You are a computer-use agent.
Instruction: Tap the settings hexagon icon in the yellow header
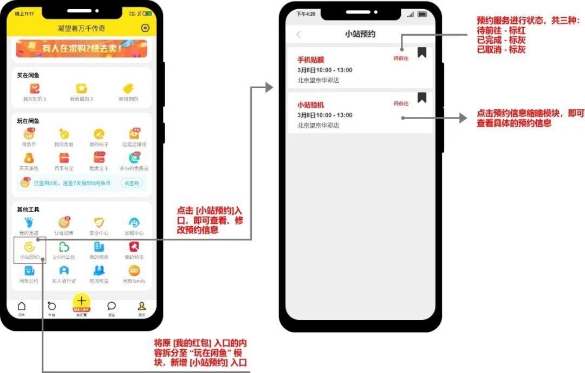pyautogui.click(x=145, y=28)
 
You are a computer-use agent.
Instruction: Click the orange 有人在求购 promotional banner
pyautogui.click(x=81, y=48)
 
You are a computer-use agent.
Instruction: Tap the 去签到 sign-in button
pyautogui.click(x=132, y=183)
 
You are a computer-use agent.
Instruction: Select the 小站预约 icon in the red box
pyautogui.click(x=29, y=247)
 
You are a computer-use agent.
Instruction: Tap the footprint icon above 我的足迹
pyautogui.click(x=29, y=223)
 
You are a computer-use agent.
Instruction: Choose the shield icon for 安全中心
pyautogui.click(x=99, y=223)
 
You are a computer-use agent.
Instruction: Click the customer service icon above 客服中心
pyautogui.click(x=134, y=223)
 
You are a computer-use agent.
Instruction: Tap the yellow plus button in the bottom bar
pyautogui.click(x=82, y=301)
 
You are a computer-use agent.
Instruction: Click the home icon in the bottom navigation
pyautogui.click(x=22, y=306)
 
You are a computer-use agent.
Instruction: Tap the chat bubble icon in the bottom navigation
pyautogui.click(x=112, y=306)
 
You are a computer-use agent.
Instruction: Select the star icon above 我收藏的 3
pyautogui.click(x=81, y=88)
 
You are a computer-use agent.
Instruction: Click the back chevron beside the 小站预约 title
pyautogui.click(x=298, y=35)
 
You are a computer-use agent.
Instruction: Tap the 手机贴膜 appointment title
pyautogui.click(x=311, y=60)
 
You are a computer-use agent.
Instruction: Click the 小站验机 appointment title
pyautogui.click(x=311, y=105)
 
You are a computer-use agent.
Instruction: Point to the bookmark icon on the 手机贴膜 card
pyautogui.click(x=422, y=52)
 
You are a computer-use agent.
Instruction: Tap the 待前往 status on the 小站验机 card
pyautogui.click(x=401, y=103)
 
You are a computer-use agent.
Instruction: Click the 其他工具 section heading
pyautogui.click(x=28, y=210)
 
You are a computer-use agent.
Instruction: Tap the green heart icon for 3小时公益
pyautogui.click(x=64, y=247)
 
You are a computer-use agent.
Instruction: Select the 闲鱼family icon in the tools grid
pyautogui.click(x=134, y=271)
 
